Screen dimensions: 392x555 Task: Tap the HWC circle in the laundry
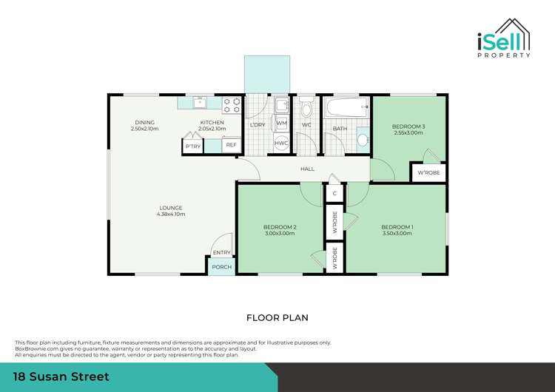click(281, 143)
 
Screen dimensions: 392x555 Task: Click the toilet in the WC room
click(306, 111)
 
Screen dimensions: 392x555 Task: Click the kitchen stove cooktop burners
click(232, 105)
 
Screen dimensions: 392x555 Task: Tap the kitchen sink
click(200, 104)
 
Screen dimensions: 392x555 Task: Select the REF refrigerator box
click(231, 146)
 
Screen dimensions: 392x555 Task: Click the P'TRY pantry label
click(192, 146)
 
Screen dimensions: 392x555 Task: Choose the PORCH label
click(221, 267)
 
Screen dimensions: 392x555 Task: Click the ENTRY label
click(221, 252)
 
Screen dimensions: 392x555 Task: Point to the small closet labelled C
click(334, 193)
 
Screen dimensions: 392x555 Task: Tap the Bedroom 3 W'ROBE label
click(428, 174)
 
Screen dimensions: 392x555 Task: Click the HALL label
click(307, 169)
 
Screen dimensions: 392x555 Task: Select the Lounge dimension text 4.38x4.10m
click(170, 214)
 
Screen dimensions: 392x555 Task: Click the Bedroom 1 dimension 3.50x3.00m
click(397, 233)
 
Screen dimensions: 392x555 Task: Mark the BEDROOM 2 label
click(280, 226)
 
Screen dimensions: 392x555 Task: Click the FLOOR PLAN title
click(277, 317)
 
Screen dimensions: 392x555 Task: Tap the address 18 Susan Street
click(62, 377)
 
